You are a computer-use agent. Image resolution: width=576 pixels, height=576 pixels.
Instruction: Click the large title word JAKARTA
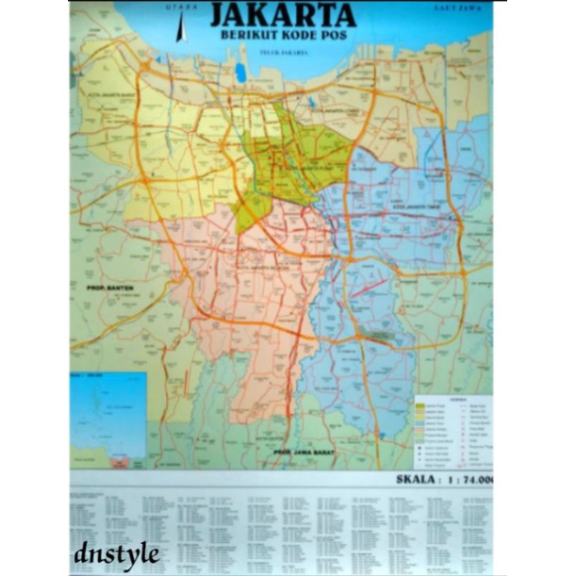pos(283,16)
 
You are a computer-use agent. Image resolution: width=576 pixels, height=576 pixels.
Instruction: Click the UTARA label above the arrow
pos(182,7)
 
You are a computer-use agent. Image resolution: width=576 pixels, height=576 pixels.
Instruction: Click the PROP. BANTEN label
pos(110,286)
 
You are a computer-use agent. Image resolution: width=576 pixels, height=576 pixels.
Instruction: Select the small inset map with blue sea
pos(109,415)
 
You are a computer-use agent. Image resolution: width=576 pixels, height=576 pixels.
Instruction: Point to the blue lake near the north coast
pos(240,72)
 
